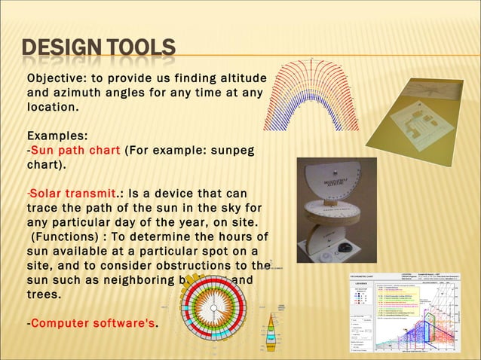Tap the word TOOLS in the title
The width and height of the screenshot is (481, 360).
138,50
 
